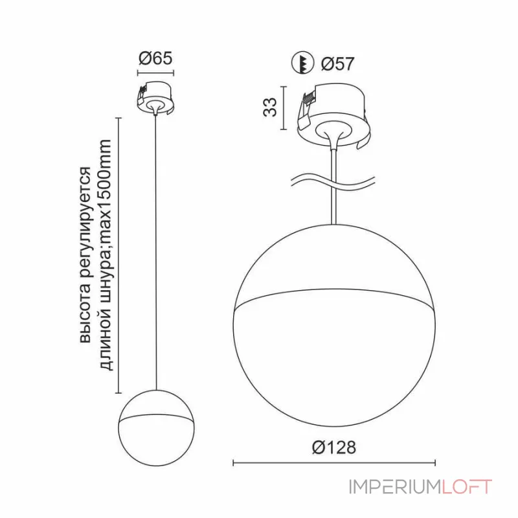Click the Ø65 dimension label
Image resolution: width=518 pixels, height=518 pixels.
[x=155, y=58]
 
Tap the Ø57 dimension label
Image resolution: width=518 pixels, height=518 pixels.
[x=337, y=64]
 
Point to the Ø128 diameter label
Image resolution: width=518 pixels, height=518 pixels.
[x=333, y=447]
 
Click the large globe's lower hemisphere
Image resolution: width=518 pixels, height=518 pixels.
[x=333, y=363]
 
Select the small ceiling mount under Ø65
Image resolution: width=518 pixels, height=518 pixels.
[x=155, y=97]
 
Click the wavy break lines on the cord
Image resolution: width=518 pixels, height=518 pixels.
[x=333, y=181]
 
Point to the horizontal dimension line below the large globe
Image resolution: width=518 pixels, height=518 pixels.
[x=333, y=463]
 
